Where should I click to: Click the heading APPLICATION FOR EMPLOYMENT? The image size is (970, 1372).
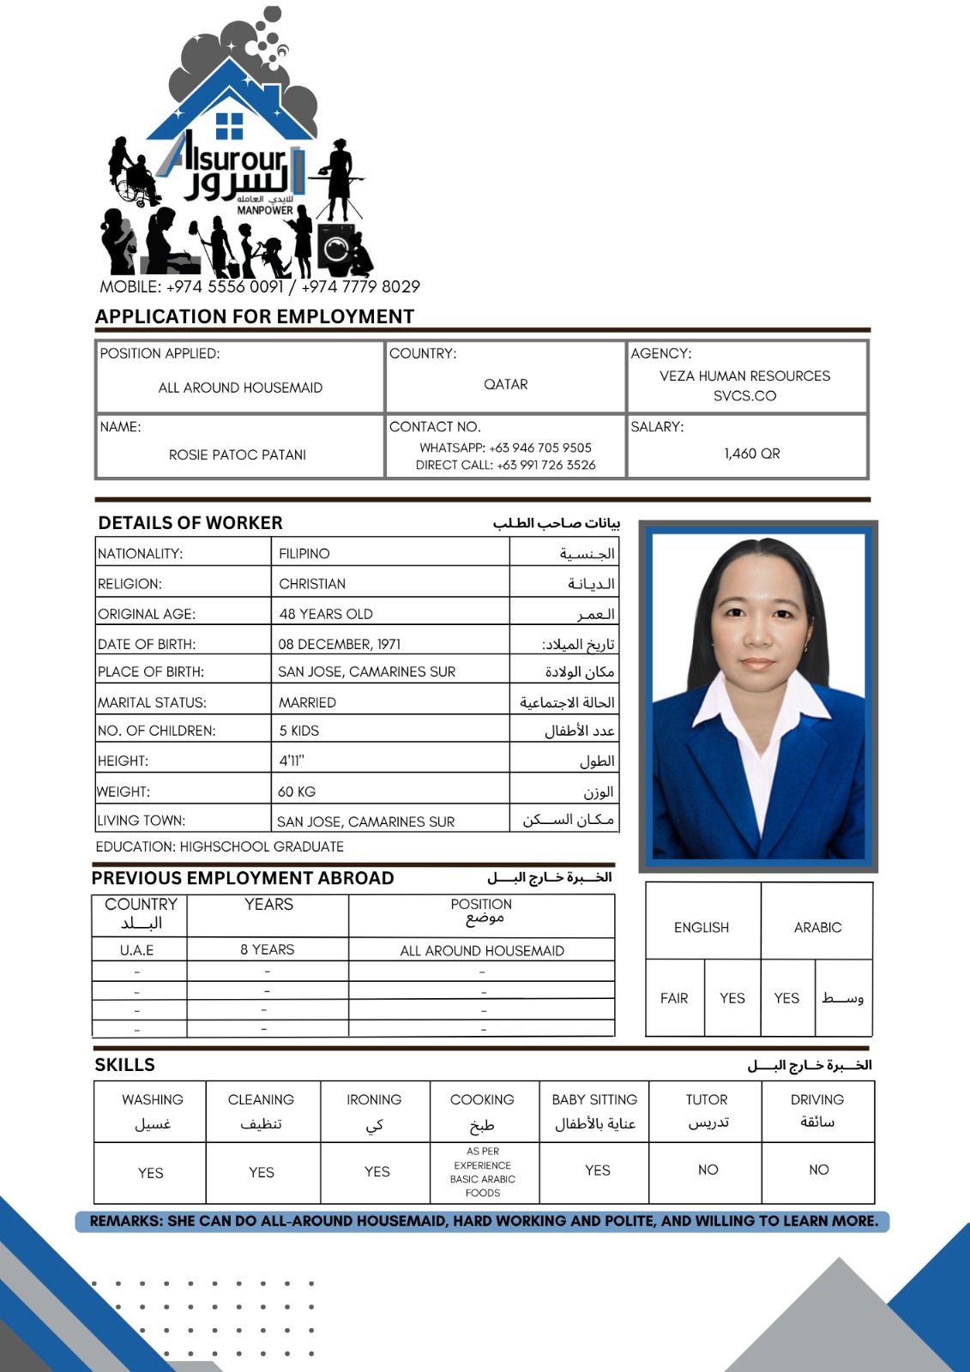[x=255, y=316]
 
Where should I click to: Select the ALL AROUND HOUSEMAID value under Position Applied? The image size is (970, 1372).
[x=240, y=388]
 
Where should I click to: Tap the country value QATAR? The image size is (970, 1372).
[x=506, y=384]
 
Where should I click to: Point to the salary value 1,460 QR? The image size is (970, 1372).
[x=751, y=454]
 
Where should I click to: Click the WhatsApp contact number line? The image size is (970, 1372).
[x=505, y=448]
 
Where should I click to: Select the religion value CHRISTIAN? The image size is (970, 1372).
[x=312, y=584]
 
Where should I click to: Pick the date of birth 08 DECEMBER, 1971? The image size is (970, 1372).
[x=339, y=644]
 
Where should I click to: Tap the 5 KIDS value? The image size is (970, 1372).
[x=298, y=731]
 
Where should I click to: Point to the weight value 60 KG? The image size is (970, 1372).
[x=297, y=791]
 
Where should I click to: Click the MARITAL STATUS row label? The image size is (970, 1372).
[x=152, y=702]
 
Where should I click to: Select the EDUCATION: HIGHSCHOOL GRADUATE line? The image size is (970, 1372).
[x=220, y=846]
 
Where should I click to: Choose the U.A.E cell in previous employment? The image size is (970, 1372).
[x=137, y=950]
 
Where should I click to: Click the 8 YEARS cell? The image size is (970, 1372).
[x=267, y=949]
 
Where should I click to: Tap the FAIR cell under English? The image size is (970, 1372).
[x=674, y=998]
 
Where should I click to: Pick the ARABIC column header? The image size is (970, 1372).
[x=817, y=927]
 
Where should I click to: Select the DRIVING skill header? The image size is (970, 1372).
[x=817, y=1099]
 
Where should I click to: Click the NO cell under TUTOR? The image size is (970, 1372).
[x=708, y=1170]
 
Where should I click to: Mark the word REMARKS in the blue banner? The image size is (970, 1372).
[x=125, y=1221]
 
